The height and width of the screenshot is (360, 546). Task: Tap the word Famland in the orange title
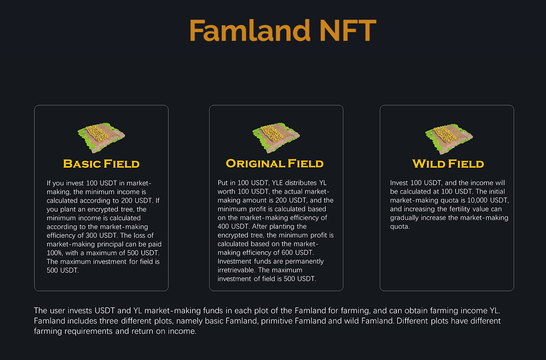(250, 31)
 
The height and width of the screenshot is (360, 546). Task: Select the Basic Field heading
(102, 164)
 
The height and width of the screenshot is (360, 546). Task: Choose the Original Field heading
(275, 163)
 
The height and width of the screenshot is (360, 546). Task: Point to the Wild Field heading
(448, 164)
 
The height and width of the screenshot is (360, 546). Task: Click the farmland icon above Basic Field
(101, 138)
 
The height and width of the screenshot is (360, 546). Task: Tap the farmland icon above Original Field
(276, 138)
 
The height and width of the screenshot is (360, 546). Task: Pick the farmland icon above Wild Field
(449, 139)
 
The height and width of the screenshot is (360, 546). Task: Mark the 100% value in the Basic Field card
(54, 253)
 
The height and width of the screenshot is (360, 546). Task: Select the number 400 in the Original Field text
(223, 226)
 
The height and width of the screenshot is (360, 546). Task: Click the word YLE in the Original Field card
(277, 183)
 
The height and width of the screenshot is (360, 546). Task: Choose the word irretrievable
(236, 270)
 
